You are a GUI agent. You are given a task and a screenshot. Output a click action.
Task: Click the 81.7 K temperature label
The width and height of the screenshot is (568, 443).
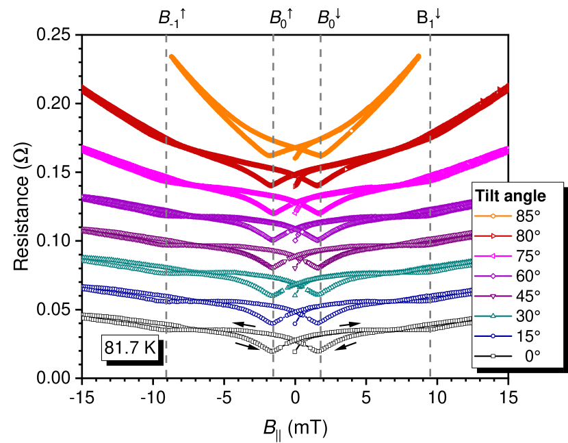pyautogui.click(x=130, y=348)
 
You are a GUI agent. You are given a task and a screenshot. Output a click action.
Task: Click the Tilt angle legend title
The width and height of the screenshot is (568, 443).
pyautogui.click(x=511, y=196)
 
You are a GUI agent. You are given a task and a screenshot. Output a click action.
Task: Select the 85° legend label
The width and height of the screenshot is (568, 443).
pyautogui.click(x=528, y=216)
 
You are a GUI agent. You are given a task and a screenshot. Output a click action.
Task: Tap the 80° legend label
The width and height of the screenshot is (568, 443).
pyautogui.click(x=528, y=236)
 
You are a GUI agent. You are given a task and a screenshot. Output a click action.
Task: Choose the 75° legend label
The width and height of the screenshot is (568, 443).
pyautogui.click(x=528, y=256)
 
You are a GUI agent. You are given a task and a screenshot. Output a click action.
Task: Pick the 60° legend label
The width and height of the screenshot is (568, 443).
pyautogui.click(x=528, y=276)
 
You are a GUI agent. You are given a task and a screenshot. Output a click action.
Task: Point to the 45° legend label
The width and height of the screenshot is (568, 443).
pyautogui.click(x=528, y=296)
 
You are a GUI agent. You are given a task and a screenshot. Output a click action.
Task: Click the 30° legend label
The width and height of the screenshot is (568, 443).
pyautogui.click(x=528, y=316)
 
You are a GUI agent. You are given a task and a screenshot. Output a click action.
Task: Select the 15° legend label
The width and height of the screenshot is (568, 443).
pyautogui.click(x=528, y=336)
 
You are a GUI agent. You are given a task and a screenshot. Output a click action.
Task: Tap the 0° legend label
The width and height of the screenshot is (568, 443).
pyautogui.click(x=531, y=356)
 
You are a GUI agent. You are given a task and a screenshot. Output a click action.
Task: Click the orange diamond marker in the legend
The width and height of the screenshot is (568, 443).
pyautogui.click(x=493, y=216)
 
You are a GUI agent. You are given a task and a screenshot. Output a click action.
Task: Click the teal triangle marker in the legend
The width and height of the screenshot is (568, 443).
pyautogui.click(x=493, y=316)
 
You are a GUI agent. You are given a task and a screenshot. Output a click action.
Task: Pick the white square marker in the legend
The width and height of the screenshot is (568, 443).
pyautogui.click(x=493, y=356)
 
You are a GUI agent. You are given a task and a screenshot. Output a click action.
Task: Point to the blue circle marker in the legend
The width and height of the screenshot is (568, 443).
pyautogui.click(x=493, y=336)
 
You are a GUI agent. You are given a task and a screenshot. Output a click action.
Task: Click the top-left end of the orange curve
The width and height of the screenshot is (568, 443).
pyautogui.click(x=171, y=56)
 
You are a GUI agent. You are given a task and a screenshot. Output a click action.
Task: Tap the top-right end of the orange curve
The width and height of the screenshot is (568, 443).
pyautogui.click(x=418, y=57)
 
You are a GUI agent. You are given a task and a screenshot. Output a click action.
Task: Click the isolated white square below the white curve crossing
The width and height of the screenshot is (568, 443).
pyautogui.click(x=295, y=352)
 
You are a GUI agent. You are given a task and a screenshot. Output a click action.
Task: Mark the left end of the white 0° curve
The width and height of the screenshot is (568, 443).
pyautogui.click(x=83, y=316)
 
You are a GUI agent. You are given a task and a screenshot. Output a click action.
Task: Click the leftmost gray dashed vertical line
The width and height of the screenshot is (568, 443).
pyautogui.click(x=166, y=205)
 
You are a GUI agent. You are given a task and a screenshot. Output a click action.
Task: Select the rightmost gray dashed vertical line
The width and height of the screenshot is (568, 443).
pyautogui.click(x=430, y=205)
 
